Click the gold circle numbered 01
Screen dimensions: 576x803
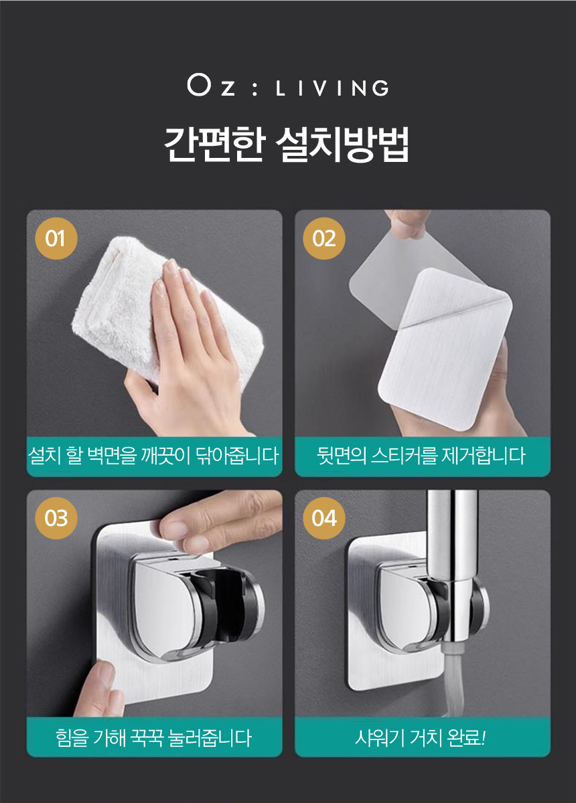tap(56, 238)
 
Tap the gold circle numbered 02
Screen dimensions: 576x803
tap(323, 238)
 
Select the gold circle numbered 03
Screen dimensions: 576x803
tap(56, 518)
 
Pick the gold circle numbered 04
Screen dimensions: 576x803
tap(323, 518)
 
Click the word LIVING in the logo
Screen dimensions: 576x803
tap(332, 88)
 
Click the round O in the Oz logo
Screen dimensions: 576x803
tap(198, 86)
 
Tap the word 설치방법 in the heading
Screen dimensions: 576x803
tap(342, 144)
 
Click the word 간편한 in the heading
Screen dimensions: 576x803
tap(214, 144)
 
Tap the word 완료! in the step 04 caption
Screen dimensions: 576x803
tap(467, 738)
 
